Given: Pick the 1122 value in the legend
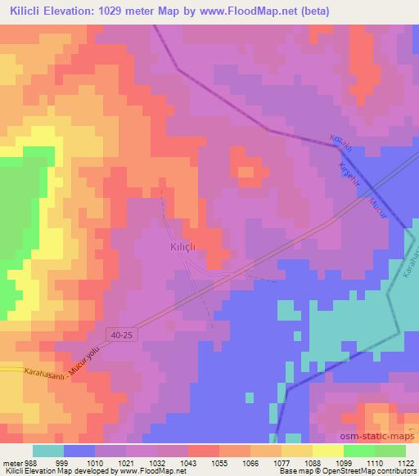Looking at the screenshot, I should coord(404,462).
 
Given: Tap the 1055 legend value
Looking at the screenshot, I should coord(219,462).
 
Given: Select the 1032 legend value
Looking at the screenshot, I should coord(157,462).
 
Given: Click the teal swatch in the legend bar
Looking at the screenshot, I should coord(48,451).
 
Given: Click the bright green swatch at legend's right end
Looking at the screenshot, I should coord(390,451).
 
